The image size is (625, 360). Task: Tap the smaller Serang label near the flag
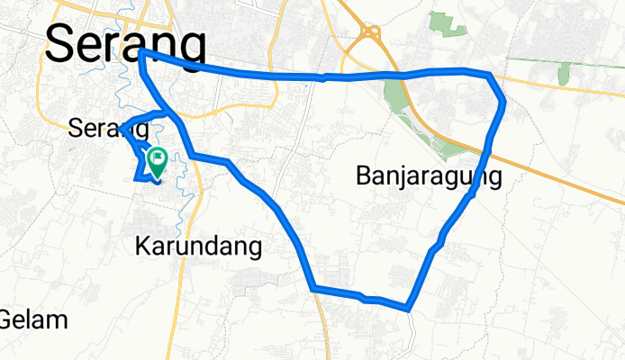tap(107, 129)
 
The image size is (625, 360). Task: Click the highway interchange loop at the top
tap(368, 32)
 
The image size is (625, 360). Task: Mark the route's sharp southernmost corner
tap(410, 309)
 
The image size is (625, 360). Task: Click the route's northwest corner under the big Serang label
tap(142, 54)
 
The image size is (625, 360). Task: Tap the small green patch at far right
tap(564, 74)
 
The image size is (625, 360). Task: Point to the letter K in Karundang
tap(143, 246)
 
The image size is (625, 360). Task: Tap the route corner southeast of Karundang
tap(312, 288)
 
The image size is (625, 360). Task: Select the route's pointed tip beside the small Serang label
tap(123, 123)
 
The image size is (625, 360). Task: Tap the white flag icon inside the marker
tap(159, 159)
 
